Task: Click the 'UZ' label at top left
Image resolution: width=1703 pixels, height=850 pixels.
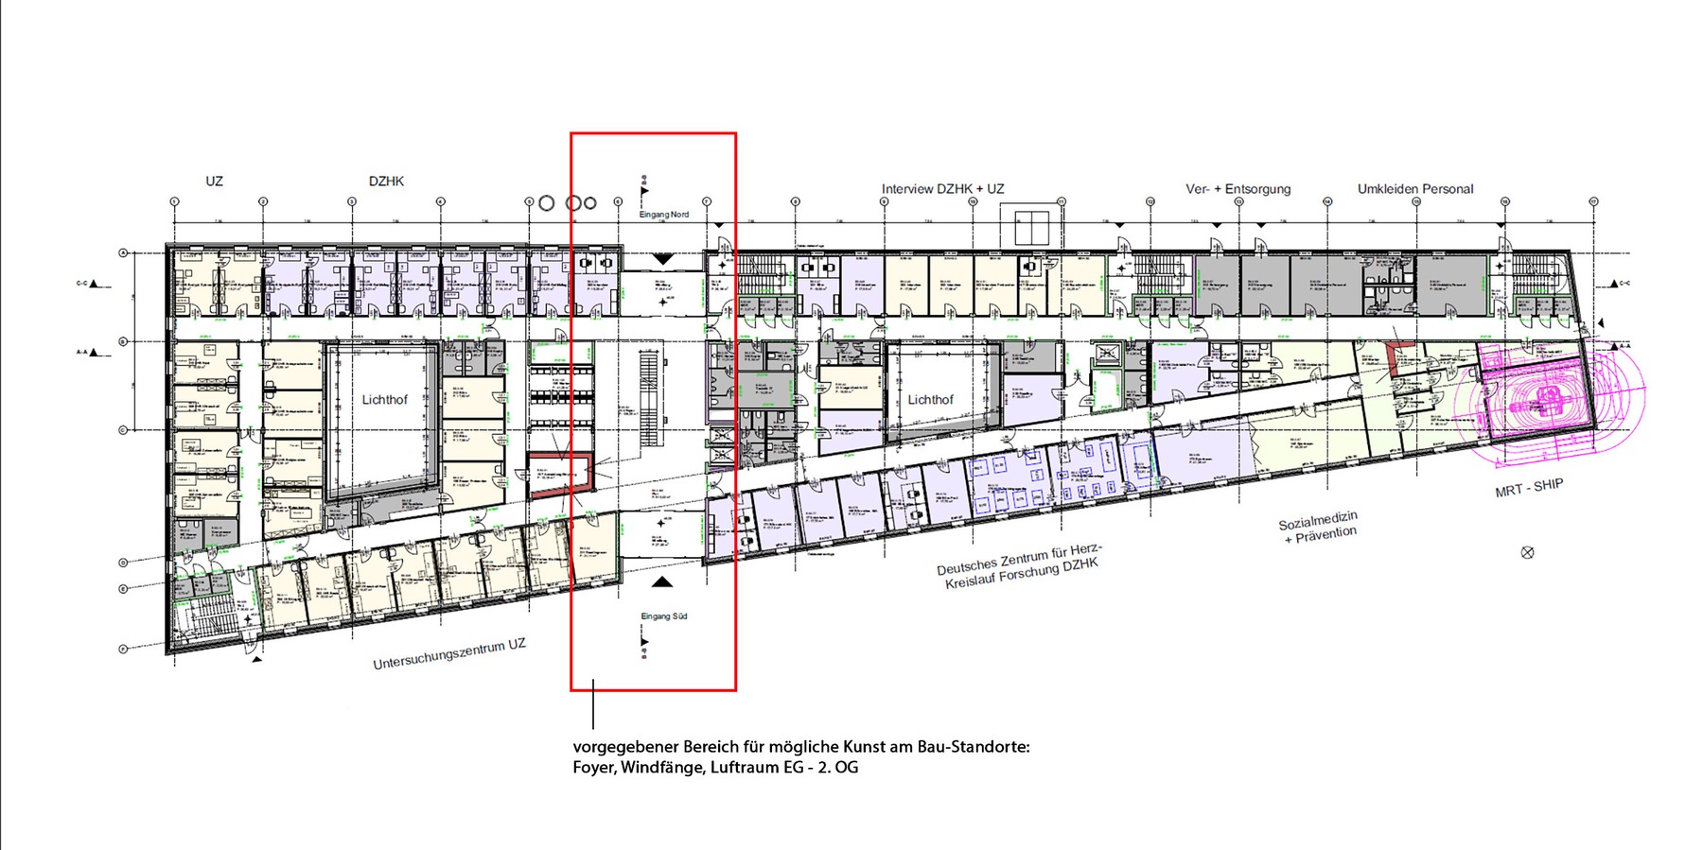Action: tap(214, 181)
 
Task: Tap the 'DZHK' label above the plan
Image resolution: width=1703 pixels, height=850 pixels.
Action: tap(386, 181)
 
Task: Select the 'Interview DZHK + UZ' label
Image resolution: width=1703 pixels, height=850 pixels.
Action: tap(942, 189)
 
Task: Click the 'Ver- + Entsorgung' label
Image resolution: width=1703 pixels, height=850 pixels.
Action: tap(1238, 189)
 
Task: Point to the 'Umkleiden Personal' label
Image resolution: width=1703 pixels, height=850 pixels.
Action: tap(1414, 189)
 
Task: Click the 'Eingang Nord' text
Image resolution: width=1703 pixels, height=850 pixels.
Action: tap(663, 215)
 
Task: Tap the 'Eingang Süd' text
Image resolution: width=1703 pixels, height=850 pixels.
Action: tap(663, 616)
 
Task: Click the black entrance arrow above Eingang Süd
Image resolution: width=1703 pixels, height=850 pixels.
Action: tap(663, 581)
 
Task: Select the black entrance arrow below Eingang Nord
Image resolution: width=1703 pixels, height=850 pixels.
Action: tap(663, 258)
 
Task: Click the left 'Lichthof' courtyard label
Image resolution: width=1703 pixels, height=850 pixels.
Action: tap(384, 400)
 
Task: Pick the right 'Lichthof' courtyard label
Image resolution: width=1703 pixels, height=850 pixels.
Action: tap(930, 400)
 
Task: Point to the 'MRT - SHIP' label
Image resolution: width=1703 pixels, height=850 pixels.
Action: tap(1529, 488)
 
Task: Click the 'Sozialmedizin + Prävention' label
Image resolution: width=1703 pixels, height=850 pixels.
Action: tap(1319, 528)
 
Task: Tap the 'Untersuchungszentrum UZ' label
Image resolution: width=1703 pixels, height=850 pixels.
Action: tap(448, 654)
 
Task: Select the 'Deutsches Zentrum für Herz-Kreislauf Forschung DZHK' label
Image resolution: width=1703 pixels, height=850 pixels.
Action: tap(1020, 566)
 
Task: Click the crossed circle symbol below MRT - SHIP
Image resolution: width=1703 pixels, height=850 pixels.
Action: tap(1527, 552)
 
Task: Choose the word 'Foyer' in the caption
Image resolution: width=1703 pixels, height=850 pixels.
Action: tap(593, 768)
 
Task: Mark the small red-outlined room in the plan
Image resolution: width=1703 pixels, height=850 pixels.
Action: tap(561, 473)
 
